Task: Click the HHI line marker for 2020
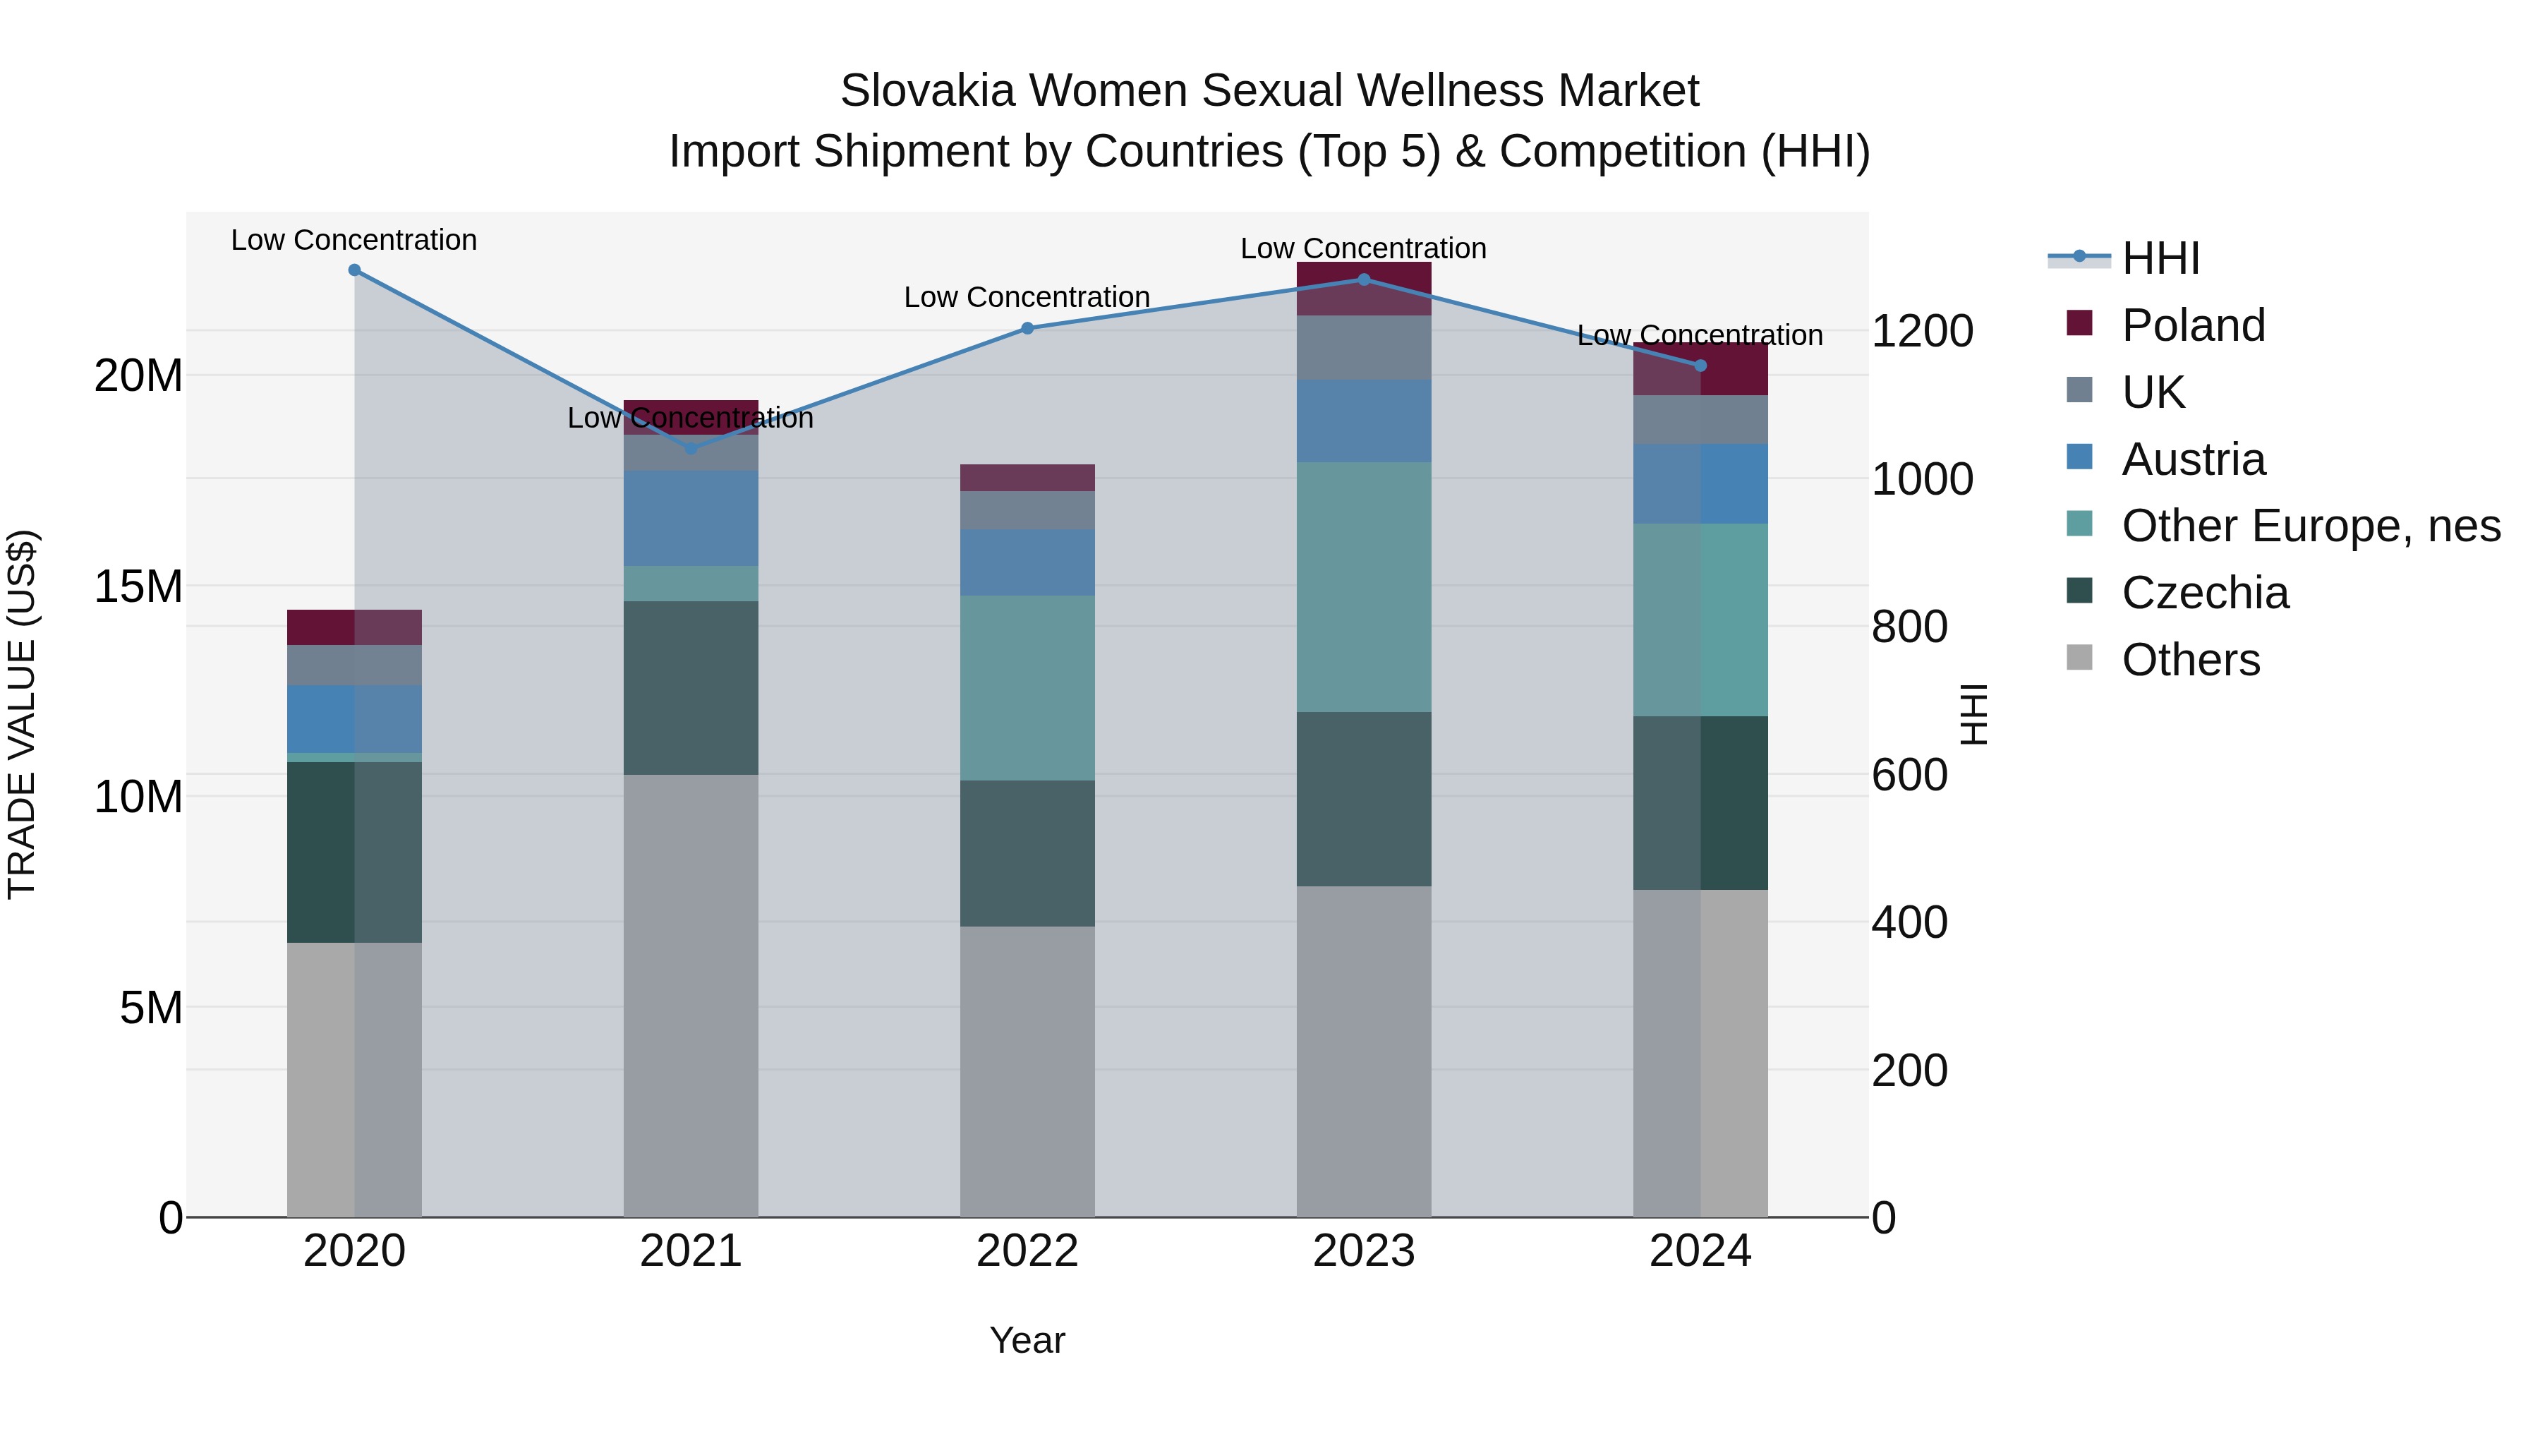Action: click(x=355, y=270)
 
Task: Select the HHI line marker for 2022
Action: click(x=1027, y=328)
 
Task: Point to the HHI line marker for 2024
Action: click(x=1700, y=366)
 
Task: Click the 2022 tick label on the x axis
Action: click(x=1027, y=1251)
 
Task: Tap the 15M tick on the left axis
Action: click(x=138, y=587)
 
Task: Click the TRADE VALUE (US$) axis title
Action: click(x=22, y=714)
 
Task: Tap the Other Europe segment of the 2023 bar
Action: click(x=1364, y=588)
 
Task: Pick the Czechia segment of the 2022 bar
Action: click(x=1027, y=854)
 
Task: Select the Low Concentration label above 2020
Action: click(x=354, y=241)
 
